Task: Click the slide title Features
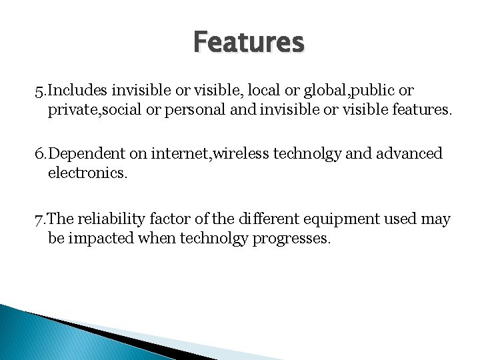pyautogui.click(x=249, y=41)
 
